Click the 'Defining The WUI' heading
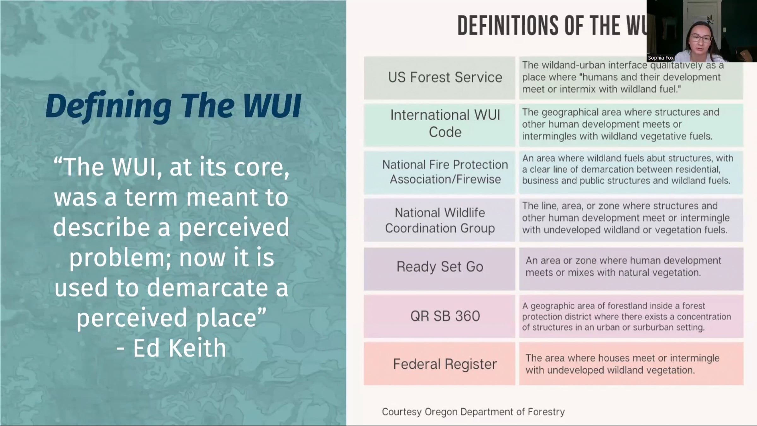(173, 106)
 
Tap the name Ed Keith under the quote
(179, 348)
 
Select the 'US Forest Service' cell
(439, 78)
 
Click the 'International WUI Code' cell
(439, 125)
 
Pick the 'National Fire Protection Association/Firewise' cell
(439, 172)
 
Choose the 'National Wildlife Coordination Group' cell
(439, 220)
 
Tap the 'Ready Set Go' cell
(439, 269)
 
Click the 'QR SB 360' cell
(439, 316)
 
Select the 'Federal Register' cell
(439, 364)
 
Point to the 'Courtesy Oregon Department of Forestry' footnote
(473, 412)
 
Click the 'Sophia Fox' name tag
(660, 58)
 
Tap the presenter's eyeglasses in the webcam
(701, 38)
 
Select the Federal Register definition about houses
(622, 364)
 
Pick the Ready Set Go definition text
(623, 266)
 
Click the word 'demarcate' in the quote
(207, 287)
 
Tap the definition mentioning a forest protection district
(626, 317)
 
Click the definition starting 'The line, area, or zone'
(626, 218)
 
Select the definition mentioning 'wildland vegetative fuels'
(621, 124)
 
